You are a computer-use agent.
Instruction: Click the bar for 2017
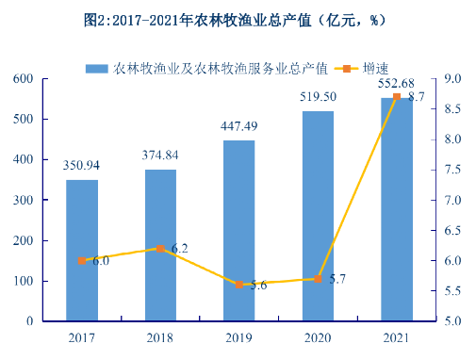tap(82, 250)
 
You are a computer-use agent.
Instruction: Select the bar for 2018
tap(160, 245)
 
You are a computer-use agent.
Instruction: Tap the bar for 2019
tap(239, 230)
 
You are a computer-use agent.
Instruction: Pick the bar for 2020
tap(318, 216)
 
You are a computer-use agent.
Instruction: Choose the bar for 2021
tap(397, 208)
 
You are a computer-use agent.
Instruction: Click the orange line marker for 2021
tap(397, 96)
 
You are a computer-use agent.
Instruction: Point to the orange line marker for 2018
tap(160, 248)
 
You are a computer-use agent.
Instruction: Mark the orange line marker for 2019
tap(239, 284)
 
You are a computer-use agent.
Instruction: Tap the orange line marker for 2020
tap(318, 278)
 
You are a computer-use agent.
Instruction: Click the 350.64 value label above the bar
tap(82, 166)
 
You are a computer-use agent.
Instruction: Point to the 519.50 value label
tap(318, 97)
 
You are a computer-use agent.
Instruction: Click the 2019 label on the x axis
tap(239, 335)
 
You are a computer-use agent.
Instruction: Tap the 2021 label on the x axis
tap(397, 335)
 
